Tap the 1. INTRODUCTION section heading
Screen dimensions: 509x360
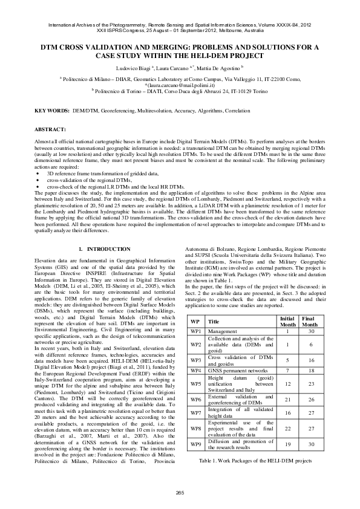(104, 249)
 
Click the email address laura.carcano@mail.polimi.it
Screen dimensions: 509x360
(180, 85)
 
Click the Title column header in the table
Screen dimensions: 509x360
(214, 322)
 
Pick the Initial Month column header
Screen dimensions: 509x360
(287, 321)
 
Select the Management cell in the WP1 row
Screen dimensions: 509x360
(223, 331)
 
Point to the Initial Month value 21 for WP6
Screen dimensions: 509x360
(287, 400)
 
